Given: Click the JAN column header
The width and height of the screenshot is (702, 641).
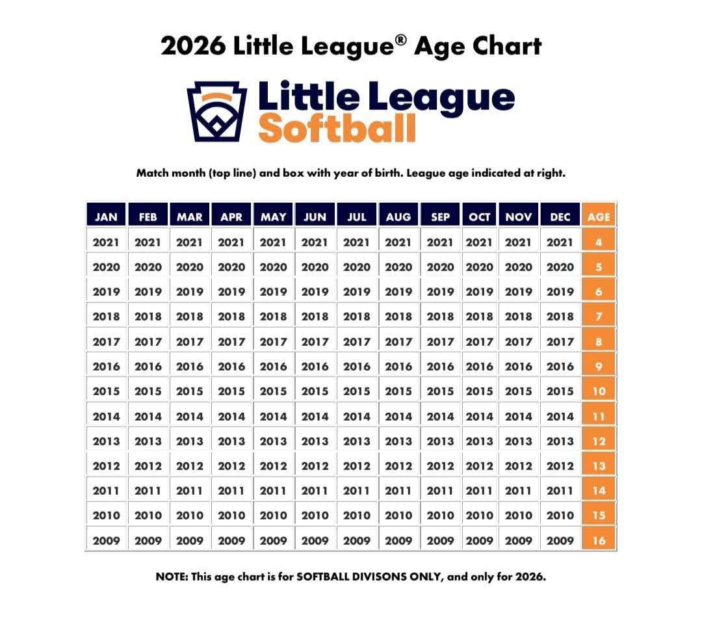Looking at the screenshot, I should click(106, 217).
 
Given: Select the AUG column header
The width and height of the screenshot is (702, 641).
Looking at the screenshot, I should click(398, 217).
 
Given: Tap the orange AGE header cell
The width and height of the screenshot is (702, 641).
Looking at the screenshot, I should click(599, 217).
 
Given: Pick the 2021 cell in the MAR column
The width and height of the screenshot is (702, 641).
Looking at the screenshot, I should click(190, 242).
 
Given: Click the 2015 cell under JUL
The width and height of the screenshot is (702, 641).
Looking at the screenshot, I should click(357, 391).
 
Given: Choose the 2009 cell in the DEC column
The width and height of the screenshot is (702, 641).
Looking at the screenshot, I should click(560, 540).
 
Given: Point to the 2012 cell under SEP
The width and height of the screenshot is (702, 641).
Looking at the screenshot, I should click(440, 465).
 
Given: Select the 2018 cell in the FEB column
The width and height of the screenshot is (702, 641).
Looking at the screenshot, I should click(148, 317).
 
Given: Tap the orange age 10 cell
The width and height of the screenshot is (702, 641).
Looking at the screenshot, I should click(599, 391).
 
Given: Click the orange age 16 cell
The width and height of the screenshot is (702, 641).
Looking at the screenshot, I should click(599, 540).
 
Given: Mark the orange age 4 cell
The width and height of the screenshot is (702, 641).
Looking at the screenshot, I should click(599, 242).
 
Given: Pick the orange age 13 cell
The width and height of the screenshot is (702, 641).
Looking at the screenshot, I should click(599, 465).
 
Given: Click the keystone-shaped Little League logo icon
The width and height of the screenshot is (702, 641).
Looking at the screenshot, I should click(217, 111).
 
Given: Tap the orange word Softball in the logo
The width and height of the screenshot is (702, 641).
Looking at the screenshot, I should click(337, 128).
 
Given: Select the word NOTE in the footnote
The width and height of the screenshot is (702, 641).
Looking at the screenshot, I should click(171, 577).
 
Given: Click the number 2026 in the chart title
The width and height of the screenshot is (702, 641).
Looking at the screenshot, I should click(193, 46).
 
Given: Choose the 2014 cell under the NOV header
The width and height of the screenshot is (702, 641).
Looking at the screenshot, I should click(518, 416).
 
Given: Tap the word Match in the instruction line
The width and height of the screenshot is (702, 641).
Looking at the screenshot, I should click(152, 174).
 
